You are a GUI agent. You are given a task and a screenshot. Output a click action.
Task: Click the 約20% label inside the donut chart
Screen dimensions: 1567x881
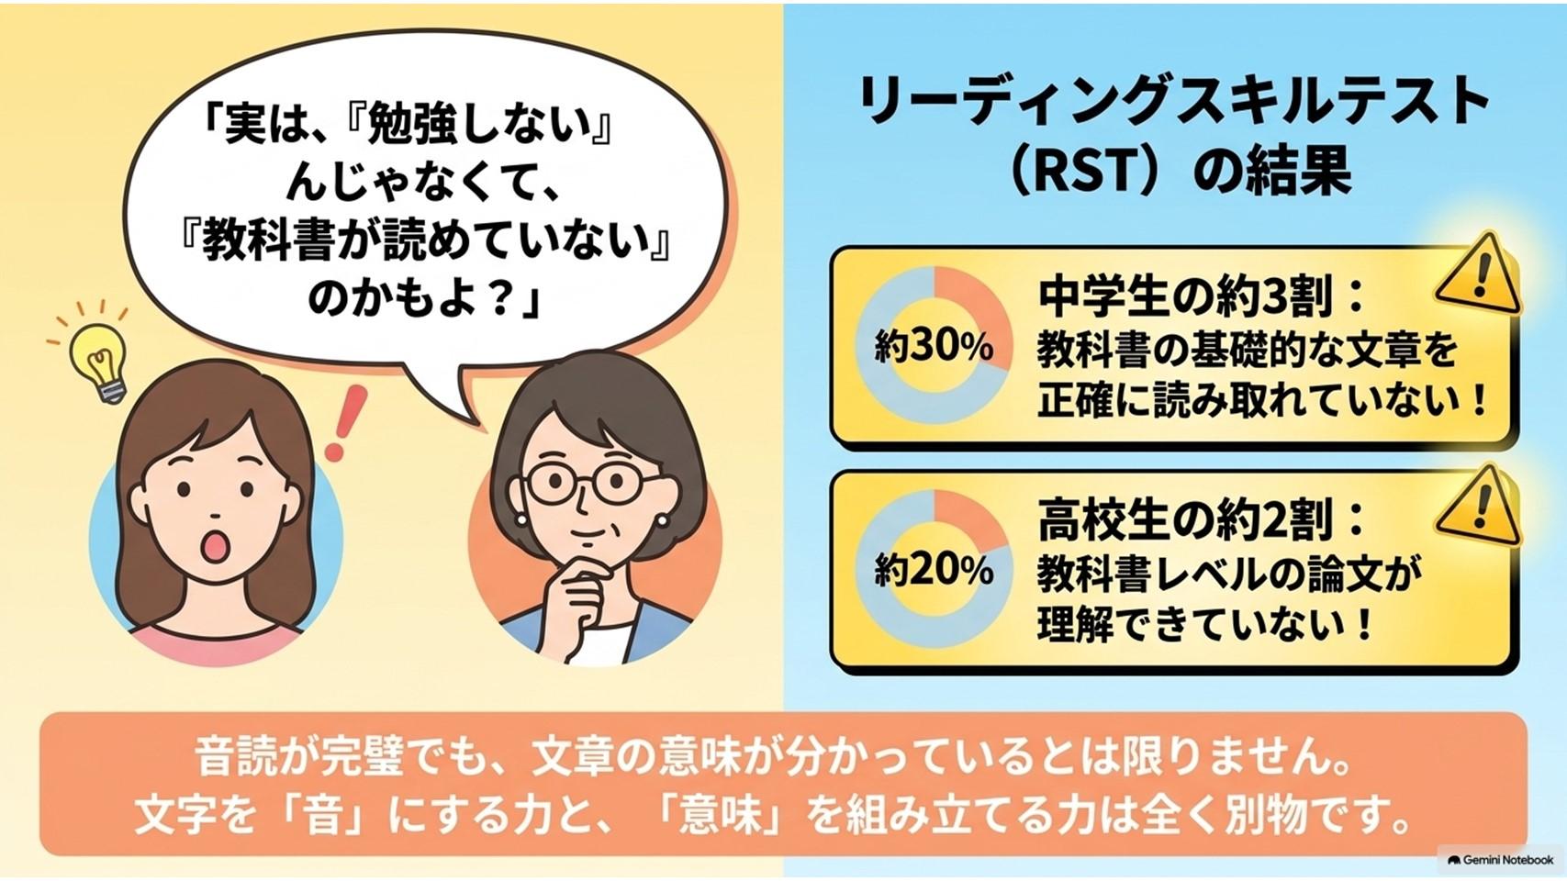(934, 571)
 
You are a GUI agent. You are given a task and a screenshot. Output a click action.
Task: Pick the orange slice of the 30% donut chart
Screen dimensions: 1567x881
(972, 307)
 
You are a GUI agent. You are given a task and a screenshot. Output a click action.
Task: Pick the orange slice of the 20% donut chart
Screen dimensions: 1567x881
(968, 518)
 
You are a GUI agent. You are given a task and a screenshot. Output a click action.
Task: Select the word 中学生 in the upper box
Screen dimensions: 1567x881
(1104, 296)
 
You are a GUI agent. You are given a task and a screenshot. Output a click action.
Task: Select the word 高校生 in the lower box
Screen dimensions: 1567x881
(1104, 520)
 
